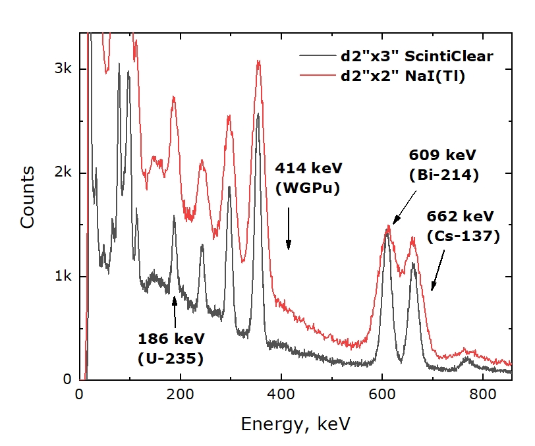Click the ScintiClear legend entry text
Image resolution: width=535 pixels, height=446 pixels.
tap(416, 56)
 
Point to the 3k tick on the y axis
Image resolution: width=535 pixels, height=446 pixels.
tap(63, 69)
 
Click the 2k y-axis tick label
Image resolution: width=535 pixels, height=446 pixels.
tap(63, 173)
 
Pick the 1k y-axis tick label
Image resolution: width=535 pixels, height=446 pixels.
tap(63, 276)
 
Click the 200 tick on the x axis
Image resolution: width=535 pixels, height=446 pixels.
tap(181, 395)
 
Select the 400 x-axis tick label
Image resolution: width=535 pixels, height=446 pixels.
tap(281, 395)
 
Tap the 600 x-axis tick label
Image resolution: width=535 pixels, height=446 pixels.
tap(382, 395)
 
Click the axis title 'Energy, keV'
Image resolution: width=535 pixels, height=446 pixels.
tap(296, 423)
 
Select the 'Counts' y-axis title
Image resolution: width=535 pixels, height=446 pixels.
tap(27, 197)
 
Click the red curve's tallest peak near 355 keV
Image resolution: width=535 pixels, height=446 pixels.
tap(259, 61)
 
